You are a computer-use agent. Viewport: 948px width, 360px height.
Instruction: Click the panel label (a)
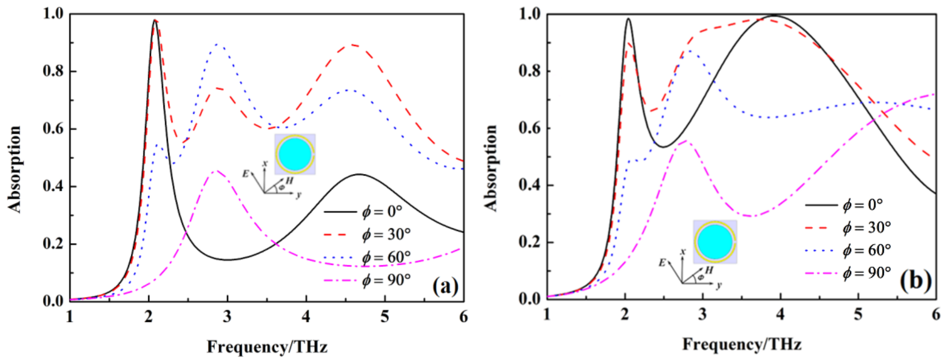445,286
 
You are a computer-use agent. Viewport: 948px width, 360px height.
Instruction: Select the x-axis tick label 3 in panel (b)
703,315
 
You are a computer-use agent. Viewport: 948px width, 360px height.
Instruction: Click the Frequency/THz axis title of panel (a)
267,347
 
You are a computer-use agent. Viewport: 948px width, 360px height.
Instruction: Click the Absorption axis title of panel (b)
490,168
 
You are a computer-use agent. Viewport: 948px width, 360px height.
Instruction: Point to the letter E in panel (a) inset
245,174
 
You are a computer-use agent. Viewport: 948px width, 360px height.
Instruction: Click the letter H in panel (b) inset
709,270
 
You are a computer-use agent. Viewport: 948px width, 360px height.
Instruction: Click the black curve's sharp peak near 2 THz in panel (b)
628,19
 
